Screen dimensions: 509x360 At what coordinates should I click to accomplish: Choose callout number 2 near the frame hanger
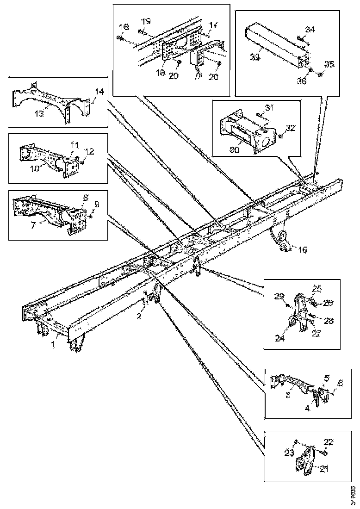[138, 316]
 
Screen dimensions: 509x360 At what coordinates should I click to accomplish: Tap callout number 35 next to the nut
[329, 64]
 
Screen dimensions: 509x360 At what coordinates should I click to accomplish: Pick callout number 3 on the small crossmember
[287, 394]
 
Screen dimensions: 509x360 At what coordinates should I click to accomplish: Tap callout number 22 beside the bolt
[328, 441]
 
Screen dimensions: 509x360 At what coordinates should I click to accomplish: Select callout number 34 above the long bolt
[310, 30]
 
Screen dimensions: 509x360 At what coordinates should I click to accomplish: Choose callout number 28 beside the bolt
[329, 320]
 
